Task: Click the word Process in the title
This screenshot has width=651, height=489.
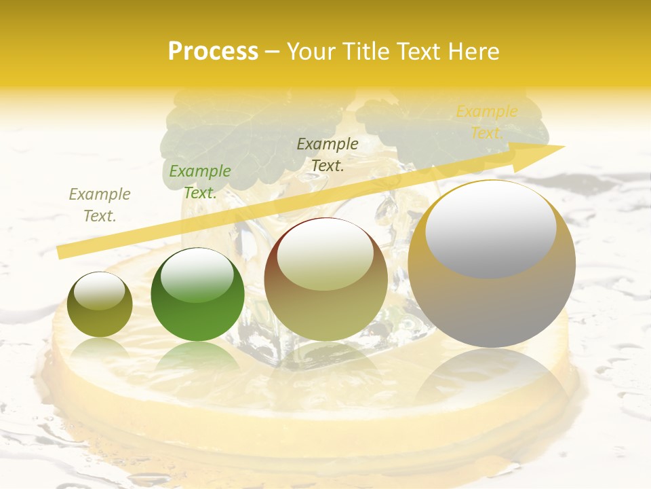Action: pos(213,52)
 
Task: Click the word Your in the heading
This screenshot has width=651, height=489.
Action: pos(311,52)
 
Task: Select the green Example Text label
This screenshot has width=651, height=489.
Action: pos(200,182)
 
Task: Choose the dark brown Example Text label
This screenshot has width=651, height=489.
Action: pos(328,154)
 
